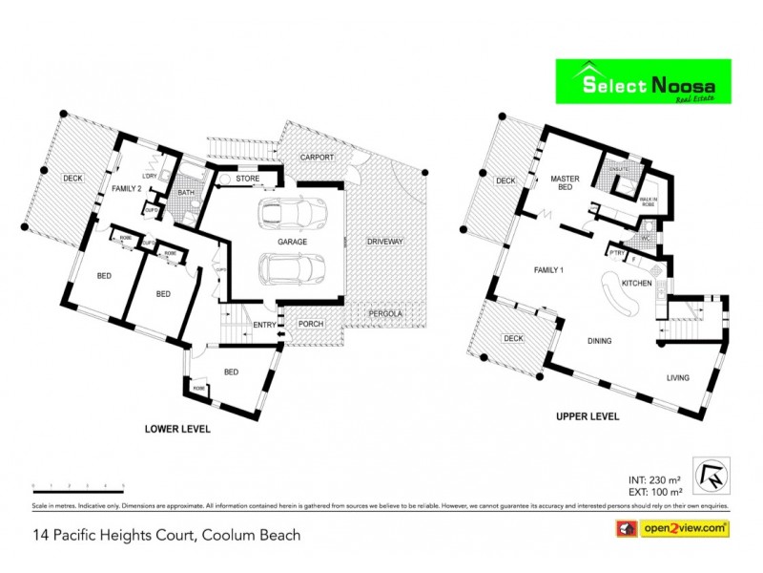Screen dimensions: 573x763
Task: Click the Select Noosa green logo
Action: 643,82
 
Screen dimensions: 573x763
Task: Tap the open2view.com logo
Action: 674,528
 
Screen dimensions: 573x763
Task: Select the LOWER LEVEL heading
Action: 176,430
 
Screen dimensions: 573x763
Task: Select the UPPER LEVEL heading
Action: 588,417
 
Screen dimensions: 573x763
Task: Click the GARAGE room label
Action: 292,242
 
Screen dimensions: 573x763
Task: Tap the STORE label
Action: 248,179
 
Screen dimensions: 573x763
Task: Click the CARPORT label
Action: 315,156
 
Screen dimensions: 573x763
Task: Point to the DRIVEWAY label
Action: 385,242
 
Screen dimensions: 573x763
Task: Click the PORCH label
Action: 311,324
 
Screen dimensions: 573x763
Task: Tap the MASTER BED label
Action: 566,183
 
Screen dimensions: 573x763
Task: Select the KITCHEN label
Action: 636,285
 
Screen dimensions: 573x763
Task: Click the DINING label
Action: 599,341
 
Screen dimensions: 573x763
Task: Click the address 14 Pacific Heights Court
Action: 167,535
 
